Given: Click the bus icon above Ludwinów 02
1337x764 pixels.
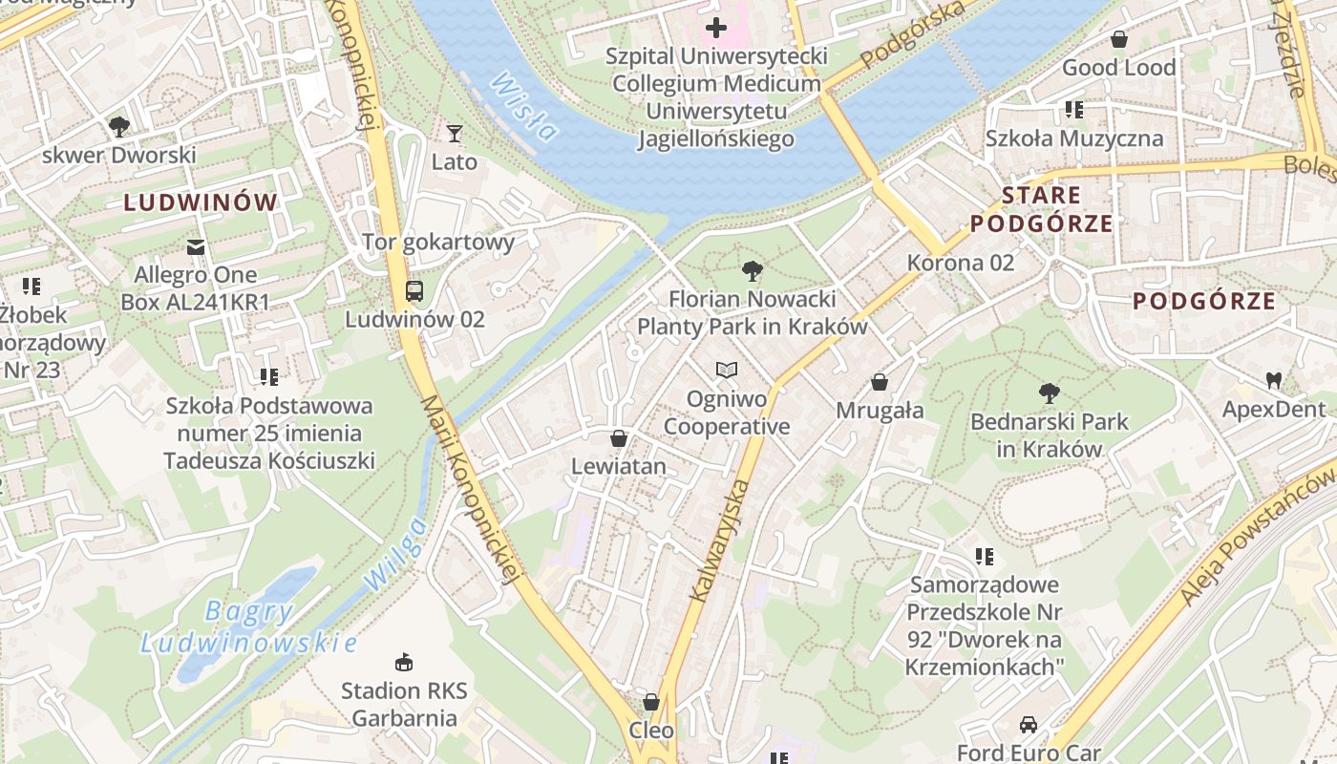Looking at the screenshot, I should pos(414,291).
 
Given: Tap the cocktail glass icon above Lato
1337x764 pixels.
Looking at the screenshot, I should pos(454,134).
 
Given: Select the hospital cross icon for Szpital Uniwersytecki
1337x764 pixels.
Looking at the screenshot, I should pos(715,28).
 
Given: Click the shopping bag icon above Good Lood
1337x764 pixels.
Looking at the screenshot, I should pos(1118,40).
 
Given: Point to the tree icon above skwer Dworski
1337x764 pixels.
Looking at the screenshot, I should pos(118,126).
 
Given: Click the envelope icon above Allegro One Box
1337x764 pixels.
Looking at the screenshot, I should pos(196,247).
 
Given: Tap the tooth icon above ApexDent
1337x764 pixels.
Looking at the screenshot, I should pos(1273,380).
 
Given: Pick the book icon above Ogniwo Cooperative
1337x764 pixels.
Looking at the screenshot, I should pos(727,370).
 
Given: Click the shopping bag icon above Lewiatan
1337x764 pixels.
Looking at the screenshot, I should pos(619,438).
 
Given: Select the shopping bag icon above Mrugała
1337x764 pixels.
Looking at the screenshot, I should pos(880,382).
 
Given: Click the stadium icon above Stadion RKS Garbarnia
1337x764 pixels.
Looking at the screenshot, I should pos(404,662).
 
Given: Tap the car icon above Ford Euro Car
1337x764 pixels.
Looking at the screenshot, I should pos(1028,725).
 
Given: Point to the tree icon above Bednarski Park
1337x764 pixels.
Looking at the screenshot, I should pos(1049,393).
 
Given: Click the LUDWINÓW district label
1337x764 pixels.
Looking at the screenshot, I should pos(201,202).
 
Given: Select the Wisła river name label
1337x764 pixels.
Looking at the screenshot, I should pos(522,107).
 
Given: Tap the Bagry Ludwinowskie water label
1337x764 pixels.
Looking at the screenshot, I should pos(248,627).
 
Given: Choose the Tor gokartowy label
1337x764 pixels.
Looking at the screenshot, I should pos(438,242).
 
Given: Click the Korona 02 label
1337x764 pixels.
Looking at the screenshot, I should pos(960,262).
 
